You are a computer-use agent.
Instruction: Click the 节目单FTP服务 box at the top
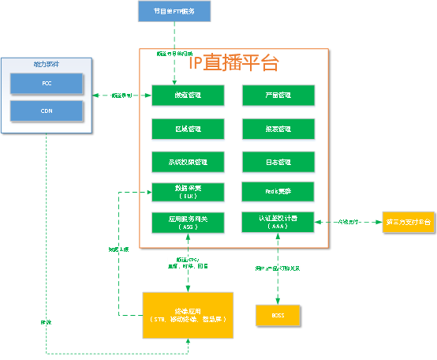(170, 11)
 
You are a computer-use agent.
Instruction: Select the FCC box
(46, 83)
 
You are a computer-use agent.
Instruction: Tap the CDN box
(46, 111)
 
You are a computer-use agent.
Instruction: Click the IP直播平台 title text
(234, 63)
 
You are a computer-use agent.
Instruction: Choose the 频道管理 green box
(188, 96)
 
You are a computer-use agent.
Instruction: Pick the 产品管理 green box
(278, 96)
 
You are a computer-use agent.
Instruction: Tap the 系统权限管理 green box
(188, 162)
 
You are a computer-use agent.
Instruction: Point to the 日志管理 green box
(278, 162)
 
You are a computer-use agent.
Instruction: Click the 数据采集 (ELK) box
(188, 192)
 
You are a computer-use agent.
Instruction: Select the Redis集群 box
(278, 191)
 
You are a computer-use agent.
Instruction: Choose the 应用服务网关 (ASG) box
(188, 222)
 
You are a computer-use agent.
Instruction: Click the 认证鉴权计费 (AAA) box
(278, 222)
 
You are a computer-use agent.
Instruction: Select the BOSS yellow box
(277, 315)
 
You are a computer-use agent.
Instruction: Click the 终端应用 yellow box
(188, 315)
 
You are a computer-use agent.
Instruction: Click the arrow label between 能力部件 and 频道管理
(121, 96)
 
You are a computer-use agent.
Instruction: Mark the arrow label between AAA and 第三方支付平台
(349, 222)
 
